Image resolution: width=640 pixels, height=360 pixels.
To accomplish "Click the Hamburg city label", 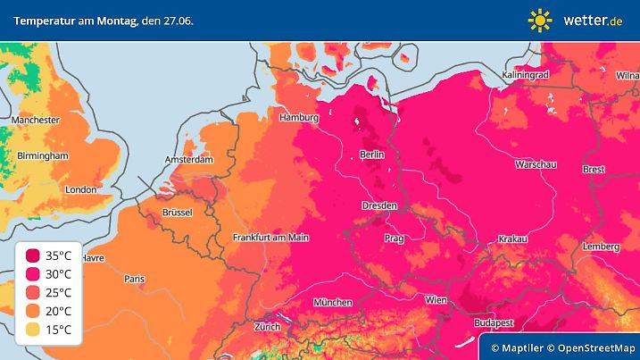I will pos(299,118).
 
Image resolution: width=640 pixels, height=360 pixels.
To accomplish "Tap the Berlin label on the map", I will pos(371,155).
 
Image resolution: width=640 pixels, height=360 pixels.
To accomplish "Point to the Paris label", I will pos(134,280).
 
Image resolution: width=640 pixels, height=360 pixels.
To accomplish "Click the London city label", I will pos(80,189).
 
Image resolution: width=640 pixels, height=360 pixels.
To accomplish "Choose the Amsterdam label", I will pos(188,160).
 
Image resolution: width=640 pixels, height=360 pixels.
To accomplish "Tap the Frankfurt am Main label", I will pos(270,238).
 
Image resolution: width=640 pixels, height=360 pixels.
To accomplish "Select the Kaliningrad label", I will pos(525,76).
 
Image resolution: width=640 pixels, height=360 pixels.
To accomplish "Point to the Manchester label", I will pos(36,120).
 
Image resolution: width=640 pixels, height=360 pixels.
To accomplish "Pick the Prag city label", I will pos(394,239).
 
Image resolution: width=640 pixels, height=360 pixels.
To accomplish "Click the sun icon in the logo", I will pos(540,20).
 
